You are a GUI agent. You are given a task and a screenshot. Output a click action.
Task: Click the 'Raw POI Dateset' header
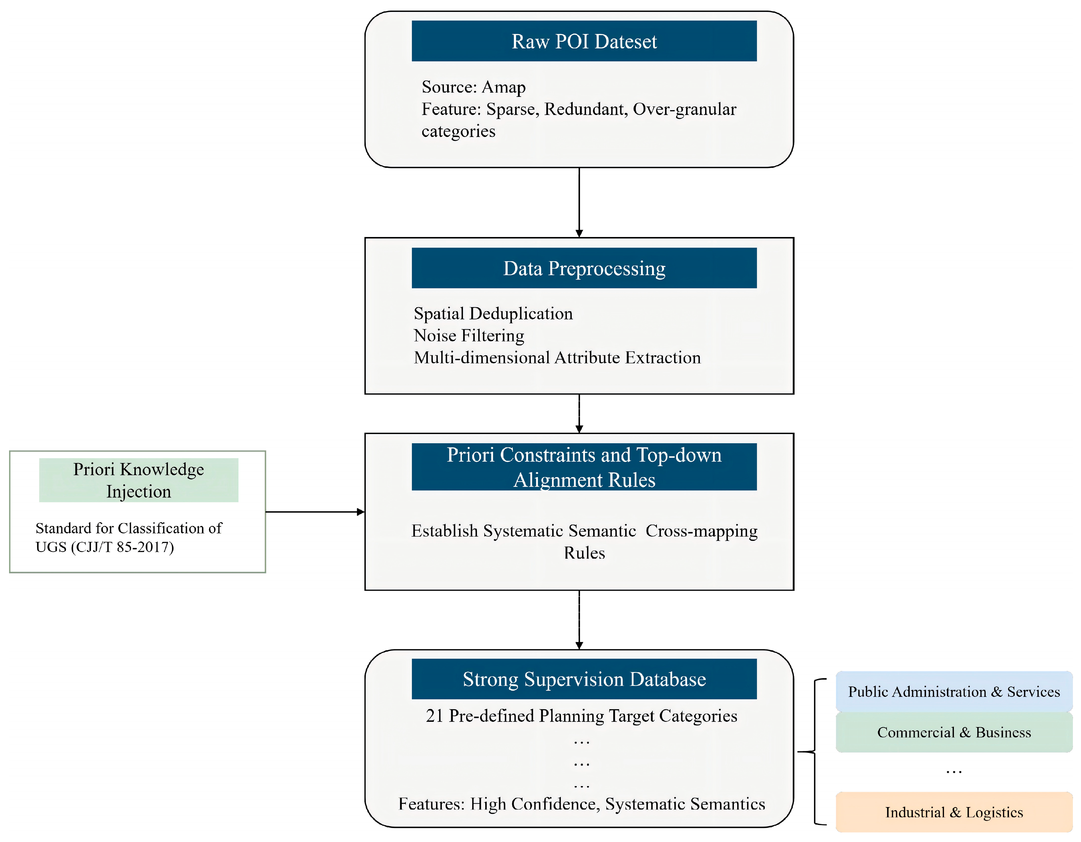coord(584,41)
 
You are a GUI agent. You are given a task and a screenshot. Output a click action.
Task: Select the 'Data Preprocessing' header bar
coord(584,268)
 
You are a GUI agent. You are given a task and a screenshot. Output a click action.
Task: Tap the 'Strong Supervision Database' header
coord(584,679)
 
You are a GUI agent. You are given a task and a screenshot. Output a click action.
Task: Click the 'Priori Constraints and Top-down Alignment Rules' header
coord(584,467)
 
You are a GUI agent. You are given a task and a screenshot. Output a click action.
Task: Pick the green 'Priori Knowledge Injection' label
coord(139,480)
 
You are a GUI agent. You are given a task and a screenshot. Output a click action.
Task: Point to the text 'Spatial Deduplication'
coord(493,314)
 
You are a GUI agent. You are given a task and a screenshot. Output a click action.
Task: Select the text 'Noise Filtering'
coord(469,336)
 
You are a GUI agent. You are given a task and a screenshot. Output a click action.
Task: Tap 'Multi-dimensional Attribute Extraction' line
coord(557,358)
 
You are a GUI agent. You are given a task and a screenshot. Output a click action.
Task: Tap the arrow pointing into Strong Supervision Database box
coord(579,620)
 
